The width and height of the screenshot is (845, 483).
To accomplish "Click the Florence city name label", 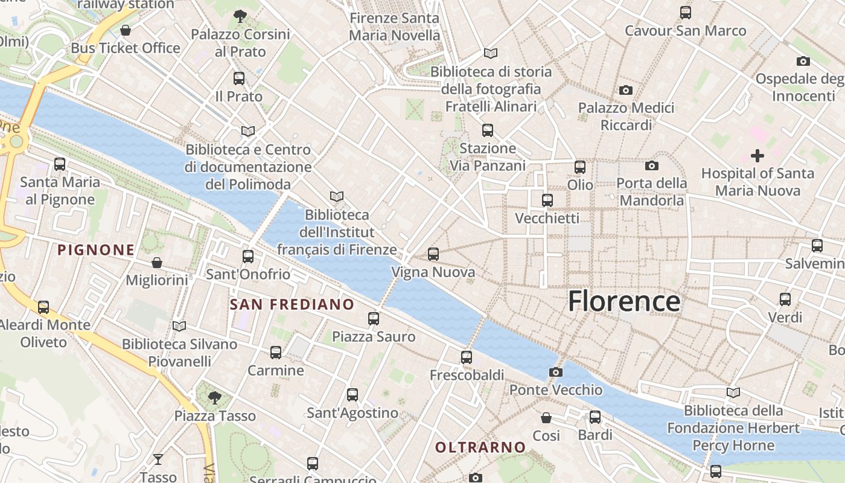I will click(x=624, y=301).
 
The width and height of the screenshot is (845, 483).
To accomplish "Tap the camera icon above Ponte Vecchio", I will click(x=556, y=372).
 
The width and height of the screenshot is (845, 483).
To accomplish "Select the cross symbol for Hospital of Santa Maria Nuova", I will click(x=757, y=156).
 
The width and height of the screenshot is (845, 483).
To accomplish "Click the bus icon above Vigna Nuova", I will click(x=433, y=254).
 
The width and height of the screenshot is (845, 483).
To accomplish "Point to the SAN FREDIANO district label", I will click(x=292, y=304).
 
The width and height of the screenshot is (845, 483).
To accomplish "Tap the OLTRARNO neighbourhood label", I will click(x=480, y=447).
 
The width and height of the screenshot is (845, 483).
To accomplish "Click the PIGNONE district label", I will click(x=96, y=250).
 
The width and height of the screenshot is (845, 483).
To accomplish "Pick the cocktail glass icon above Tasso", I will click(x=158, y=459).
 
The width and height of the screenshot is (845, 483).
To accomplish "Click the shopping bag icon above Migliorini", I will click(x=157, y=263).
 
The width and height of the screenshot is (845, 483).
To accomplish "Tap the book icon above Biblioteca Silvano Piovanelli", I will click(x=179, y=326).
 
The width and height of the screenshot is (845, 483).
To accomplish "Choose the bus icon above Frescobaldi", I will click(x=467, y=357).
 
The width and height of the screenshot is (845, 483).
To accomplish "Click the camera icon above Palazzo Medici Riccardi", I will click(x=626, y=90).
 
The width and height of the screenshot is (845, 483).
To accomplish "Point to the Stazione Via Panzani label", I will click(x=488, y=157).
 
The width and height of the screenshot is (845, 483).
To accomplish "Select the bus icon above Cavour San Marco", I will click(x=685, y=13).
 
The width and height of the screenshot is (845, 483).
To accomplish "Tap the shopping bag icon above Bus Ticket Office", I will click(x=126, y=30).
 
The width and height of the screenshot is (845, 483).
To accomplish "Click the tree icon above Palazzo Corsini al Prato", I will click(x=240, y=16).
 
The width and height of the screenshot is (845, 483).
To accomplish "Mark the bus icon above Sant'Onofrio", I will click(x=248, y=257).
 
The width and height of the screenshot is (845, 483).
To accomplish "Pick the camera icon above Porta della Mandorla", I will click(x=652, y=165).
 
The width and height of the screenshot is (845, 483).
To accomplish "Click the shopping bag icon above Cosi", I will click(x=546, y=418).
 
